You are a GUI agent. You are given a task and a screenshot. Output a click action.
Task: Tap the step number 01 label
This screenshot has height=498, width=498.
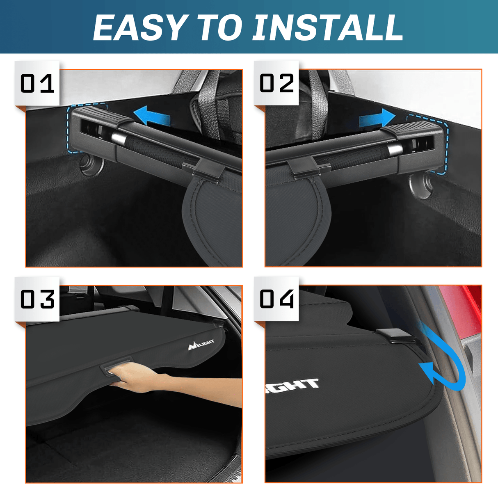tap(37, 84)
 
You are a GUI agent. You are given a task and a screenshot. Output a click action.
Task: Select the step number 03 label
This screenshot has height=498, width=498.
tap(37, 299)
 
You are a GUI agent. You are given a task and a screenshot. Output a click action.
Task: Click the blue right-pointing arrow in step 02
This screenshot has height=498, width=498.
tap(377, 119)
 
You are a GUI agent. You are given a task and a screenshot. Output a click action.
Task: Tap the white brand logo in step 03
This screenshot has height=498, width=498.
tap(201, 345)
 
